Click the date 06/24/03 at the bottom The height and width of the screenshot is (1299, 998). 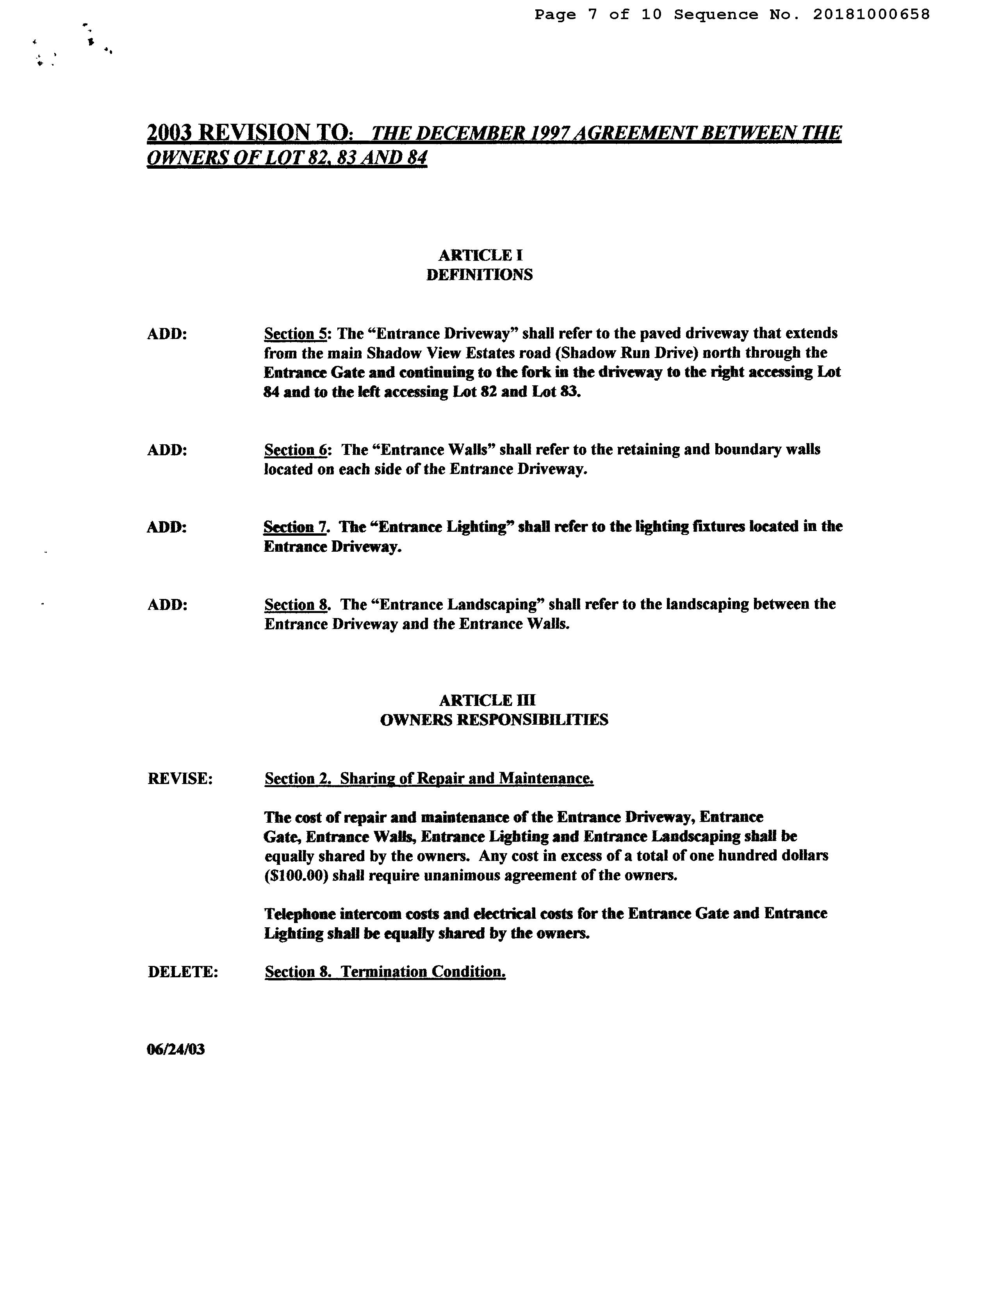coord(176,1050)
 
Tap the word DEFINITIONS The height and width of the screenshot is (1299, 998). coord(479,275)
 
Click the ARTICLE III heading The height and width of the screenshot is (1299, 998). coord(487,700)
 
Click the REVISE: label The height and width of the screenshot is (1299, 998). coord(180,779)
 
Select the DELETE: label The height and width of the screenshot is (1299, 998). coord(183,972)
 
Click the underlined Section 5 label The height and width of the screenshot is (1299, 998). coord(295,334)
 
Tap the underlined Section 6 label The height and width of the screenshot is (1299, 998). coord(295,450)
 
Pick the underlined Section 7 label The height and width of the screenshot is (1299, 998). coord(295,527)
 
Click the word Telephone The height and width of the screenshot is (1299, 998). coord(299,914)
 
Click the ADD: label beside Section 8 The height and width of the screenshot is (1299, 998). coord(167,605)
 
